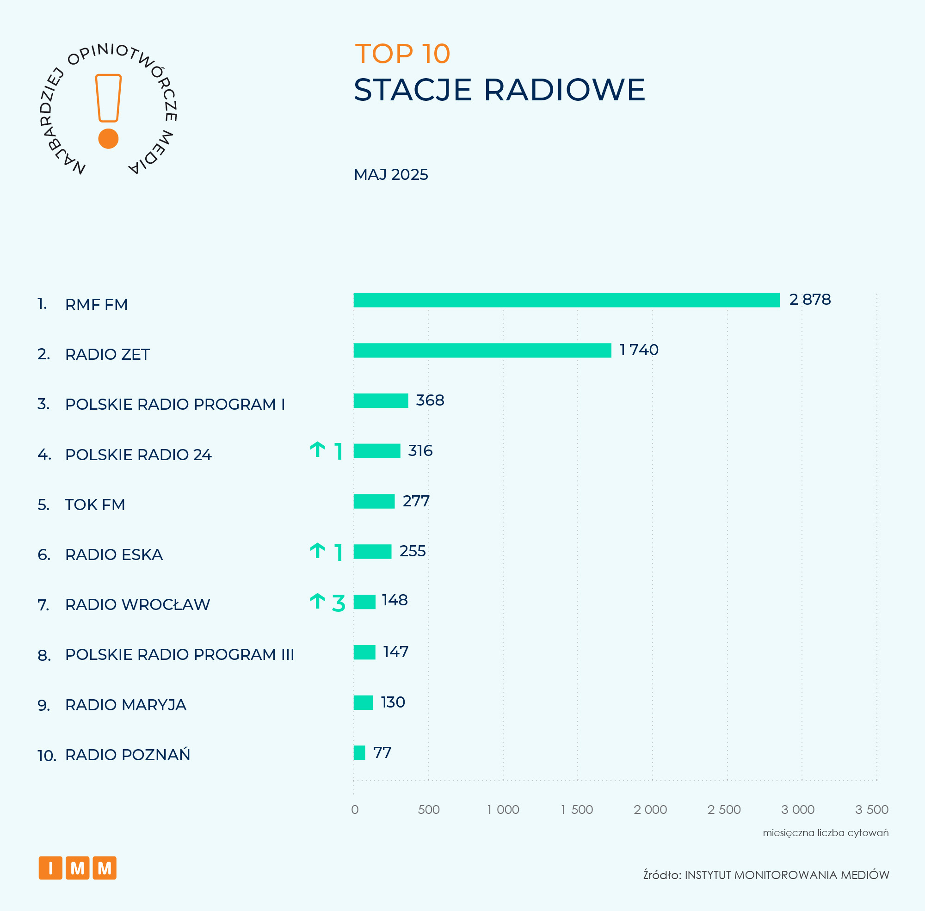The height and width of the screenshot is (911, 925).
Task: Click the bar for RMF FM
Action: click(x=566, y=300)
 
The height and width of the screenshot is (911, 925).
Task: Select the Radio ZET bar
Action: click(x=482, y=350)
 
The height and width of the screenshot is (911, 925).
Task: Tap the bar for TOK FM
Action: click(x=374, y=501)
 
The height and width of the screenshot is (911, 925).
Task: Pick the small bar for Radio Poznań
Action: click(x=359, y=753)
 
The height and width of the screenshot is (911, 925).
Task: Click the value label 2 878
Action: click(x=810, y=300)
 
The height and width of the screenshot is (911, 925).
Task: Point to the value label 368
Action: click(x=430, y=400)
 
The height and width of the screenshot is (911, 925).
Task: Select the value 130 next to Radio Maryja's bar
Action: click(x=392, y=702)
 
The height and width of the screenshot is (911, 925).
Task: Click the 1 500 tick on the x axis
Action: click(x=577, y=810)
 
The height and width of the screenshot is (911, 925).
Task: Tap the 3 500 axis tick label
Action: click(x=871, y=810)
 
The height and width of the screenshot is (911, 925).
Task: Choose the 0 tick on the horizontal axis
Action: click(x=355, y=810)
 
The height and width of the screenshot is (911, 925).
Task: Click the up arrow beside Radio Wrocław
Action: click(x=317, y=601)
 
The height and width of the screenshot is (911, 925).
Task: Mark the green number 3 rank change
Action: click(x=339, y=603)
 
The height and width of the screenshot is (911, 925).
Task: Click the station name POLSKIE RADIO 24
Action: click(x=138, y=455)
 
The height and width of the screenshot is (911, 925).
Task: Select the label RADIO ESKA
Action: click(x=114, y=554)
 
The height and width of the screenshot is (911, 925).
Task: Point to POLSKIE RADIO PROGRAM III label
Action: click(x=179, y=654)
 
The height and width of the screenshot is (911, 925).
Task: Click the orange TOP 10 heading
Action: click(x=402, y=54)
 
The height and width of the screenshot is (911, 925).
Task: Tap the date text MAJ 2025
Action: click(x=390, y=175)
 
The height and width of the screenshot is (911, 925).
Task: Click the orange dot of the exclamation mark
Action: click(x=108, y=139)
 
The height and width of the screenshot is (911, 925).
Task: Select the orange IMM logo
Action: click(x=78, y=868)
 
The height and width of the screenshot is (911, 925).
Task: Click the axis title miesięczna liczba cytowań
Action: click(x=825, y=833)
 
